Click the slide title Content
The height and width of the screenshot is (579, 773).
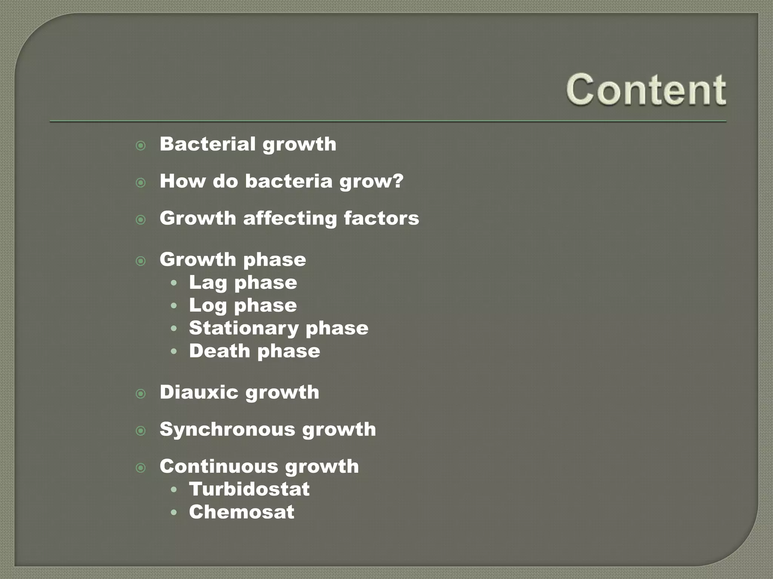click(646, 89)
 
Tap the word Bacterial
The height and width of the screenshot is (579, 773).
click(208, 144)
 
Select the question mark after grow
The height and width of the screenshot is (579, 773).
click(397, 181)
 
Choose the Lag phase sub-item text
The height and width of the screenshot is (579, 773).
click(243, 283)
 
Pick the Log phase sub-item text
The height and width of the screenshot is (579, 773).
click(243, 305)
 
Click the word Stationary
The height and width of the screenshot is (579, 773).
click(243, 328)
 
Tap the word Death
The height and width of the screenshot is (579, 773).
click(219, 351)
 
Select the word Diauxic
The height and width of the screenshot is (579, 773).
click(199, 392)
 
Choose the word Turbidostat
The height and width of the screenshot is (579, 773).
click(249, 489)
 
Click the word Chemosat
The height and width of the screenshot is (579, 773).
click(242, 512)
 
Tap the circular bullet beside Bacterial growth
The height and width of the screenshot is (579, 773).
click(141, 146)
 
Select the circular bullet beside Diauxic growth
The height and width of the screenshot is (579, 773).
click(141, 394)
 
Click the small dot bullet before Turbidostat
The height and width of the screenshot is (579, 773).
click(174, 490)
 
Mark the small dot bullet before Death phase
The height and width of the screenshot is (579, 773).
click(174, 352)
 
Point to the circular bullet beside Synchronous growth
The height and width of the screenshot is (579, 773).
click(141, 431)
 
